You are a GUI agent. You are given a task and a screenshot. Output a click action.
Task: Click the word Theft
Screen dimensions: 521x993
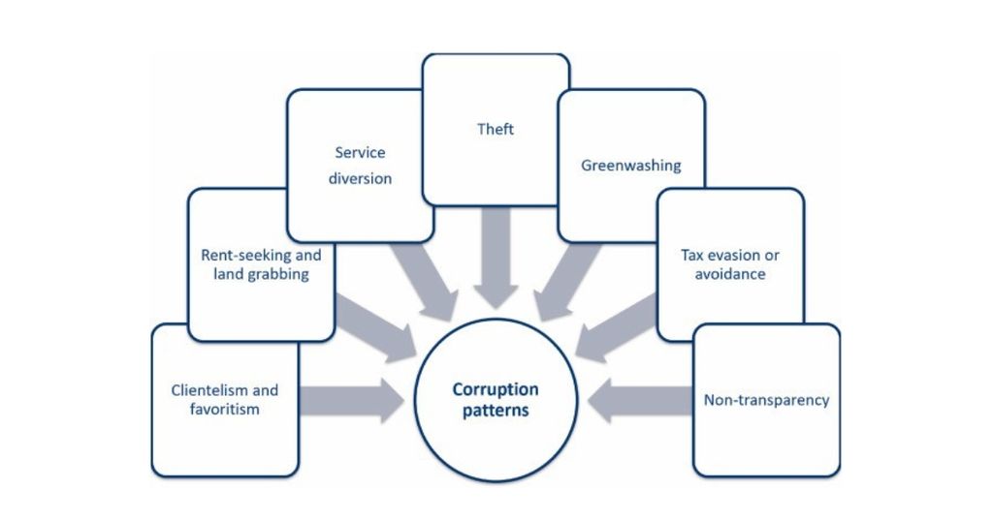click(496, 129)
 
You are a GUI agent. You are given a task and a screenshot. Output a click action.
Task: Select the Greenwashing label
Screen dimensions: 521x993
click(630, 165)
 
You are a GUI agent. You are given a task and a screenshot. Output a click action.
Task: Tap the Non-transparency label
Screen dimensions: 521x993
click(766, 399)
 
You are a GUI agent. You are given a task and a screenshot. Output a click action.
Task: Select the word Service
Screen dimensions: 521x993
click(360, 152)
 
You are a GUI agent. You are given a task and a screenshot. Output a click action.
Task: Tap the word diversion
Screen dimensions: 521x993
click(360, 178)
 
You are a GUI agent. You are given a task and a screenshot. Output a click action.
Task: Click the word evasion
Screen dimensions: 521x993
click(723, 256)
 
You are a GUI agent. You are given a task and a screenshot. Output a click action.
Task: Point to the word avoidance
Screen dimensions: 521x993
click(730, 274)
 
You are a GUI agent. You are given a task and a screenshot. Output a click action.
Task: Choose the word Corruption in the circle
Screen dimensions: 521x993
click(496, 390)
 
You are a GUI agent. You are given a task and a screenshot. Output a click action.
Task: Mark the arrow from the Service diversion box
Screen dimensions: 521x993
click(423, 281)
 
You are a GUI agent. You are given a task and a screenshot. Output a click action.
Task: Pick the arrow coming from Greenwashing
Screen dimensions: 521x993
click(568, 281)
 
